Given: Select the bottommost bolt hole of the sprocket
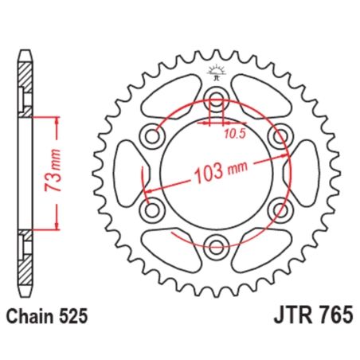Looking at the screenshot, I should (214, 245).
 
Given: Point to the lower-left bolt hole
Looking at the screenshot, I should (151, 209).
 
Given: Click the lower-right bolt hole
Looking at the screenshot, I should (277, 209).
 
